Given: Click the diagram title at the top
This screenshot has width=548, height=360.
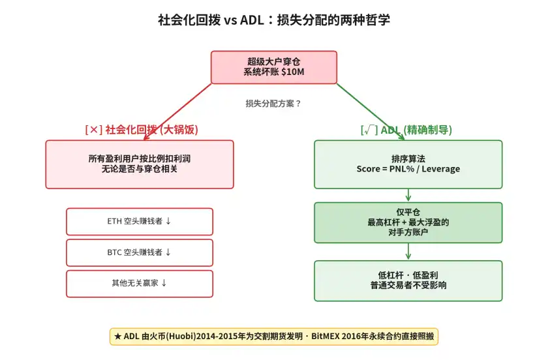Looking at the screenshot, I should [274, 20].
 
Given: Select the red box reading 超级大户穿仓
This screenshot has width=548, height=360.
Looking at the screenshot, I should [273, 67].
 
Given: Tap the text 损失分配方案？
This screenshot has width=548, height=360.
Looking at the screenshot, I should [273, 103].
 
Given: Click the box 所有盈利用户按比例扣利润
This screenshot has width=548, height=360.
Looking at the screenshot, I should [140, 164].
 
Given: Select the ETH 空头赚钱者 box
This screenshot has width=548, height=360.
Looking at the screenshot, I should [140, 221].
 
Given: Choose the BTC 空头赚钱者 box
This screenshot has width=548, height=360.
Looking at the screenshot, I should [140, 252].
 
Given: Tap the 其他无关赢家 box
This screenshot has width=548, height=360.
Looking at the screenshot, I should [140, 284].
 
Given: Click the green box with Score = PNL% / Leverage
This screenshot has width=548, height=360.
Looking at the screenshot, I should [408, 164].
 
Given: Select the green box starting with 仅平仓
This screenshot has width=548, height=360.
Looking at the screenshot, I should [408, 222].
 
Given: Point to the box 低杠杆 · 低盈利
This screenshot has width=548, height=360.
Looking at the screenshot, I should [408, 280].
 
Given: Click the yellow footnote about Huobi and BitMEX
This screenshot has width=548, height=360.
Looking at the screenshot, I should [273, 337].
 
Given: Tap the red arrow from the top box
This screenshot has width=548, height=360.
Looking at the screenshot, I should [176, 112].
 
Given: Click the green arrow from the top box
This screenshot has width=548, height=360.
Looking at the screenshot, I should [372, 112].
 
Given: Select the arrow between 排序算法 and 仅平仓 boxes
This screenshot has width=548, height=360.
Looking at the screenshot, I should [408, 195].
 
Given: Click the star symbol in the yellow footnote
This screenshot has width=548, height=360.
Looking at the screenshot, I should [117, 337].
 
